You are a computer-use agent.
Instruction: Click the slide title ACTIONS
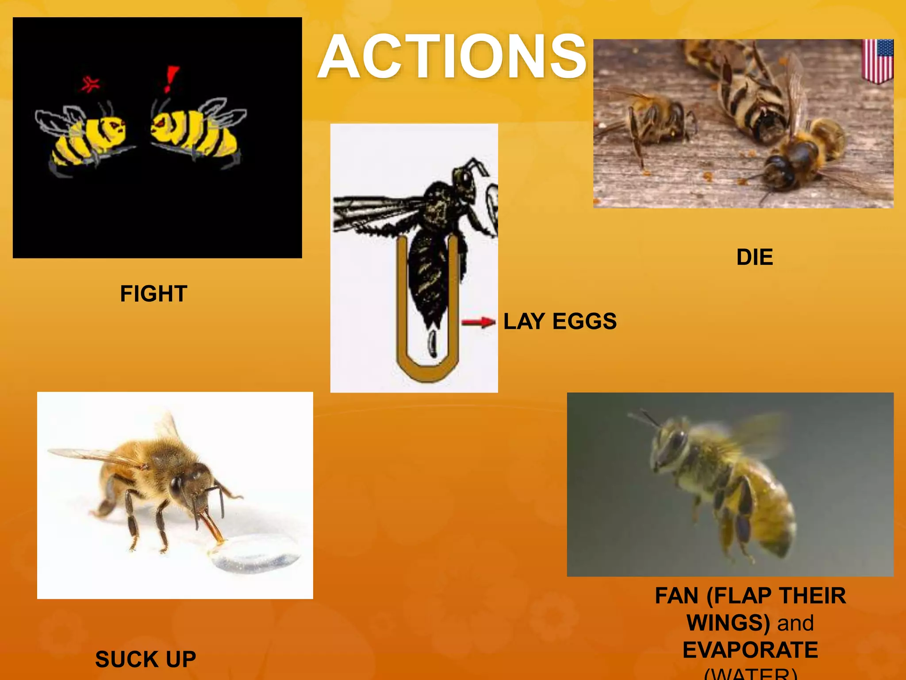point(452,57)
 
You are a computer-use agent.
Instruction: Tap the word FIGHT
point(154,294)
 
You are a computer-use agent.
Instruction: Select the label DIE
point(754,257)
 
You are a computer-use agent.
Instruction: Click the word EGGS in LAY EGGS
point(584,321)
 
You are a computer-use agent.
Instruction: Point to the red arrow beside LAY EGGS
point(478,322)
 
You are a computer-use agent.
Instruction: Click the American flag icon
point(878,61)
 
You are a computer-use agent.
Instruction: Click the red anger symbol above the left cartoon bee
point(90,83)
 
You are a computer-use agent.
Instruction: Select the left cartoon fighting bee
point(84,137)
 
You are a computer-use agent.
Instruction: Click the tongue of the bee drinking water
point(212,527)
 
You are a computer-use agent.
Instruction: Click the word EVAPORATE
point(750,650)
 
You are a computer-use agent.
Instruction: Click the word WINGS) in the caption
point(728,623)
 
